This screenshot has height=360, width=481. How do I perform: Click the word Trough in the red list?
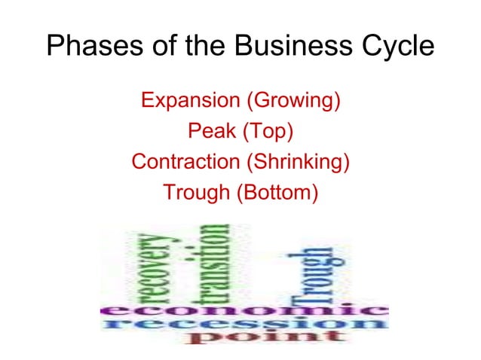pyautogui.click(x=198, y=193)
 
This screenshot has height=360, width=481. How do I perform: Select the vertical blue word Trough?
pyautogui.click(x=317, y=275)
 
